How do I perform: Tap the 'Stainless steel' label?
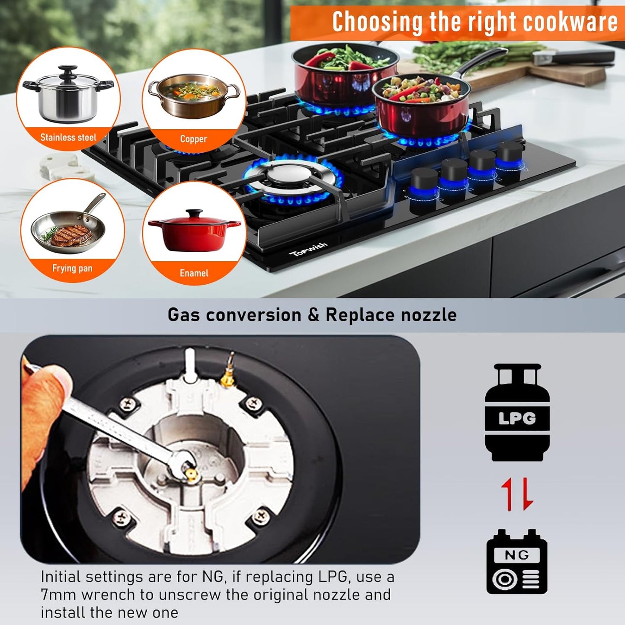tap(68, 137)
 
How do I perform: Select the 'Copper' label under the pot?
tap(193, 139)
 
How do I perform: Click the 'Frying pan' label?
tap(72, 268)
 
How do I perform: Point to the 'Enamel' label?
tap(194, 273)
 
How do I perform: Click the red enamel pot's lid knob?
tap(194, 212)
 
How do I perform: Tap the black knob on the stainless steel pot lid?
tap(68, 70)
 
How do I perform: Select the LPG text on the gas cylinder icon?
tap(517, 418)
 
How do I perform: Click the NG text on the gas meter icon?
tap(517, 555)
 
